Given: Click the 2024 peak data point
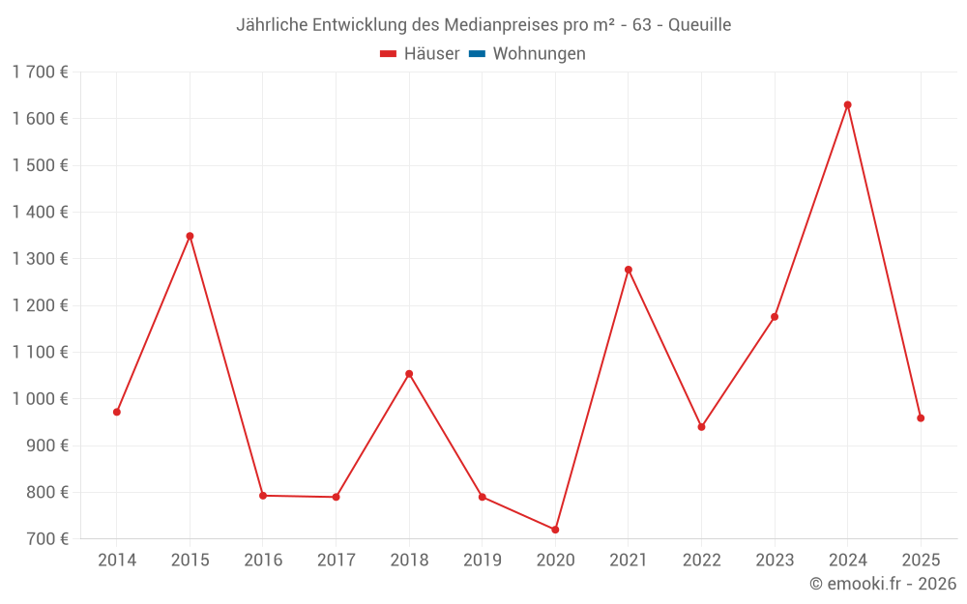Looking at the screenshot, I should (847, 104).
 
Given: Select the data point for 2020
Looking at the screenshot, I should (555, 530).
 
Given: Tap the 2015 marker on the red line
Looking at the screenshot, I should (190, 236).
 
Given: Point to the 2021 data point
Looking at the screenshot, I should (629, 270).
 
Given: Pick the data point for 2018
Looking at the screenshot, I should (409, 374).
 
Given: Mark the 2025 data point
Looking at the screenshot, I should (921, 418).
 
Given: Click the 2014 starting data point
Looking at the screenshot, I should (117, 412).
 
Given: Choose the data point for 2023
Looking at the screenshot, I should (775, 317).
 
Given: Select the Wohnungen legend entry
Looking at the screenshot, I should (539, 54).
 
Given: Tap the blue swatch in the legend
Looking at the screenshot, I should (477, 54).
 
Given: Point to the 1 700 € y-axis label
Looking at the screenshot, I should (41, 72).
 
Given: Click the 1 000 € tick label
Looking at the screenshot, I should (41, 399).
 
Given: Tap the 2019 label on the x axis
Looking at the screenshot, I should (483, 560).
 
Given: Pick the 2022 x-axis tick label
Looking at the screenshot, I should (701, 560).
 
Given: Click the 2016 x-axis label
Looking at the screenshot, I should (263, 560).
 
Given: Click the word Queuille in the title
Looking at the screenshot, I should (699, 24).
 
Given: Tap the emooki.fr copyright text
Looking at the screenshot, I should (883, 584).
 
